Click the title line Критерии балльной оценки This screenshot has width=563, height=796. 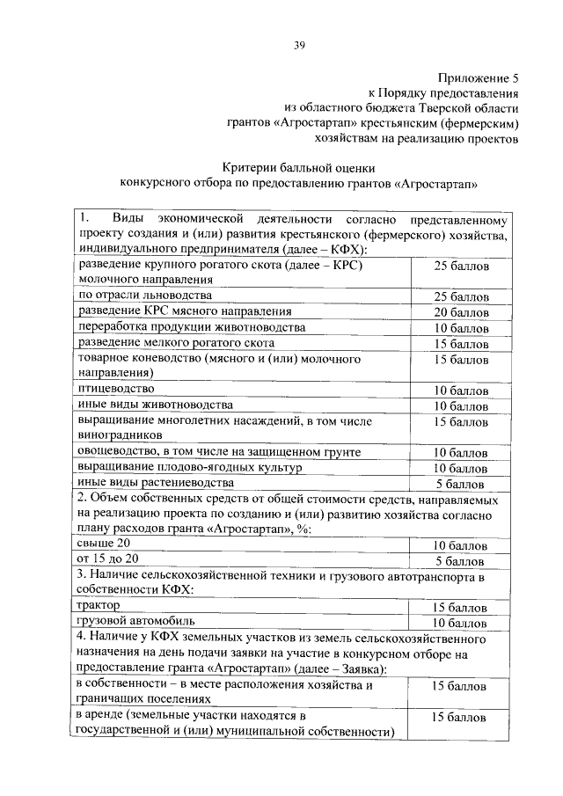[x=298, y=167]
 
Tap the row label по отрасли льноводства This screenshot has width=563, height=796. [x=145, y=296]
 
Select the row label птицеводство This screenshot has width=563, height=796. [x=116, y=389]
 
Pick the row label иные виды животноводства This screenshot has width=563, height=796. [x=156, y=405]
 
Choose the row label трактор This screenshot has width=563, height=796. [x=99, y=606]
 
